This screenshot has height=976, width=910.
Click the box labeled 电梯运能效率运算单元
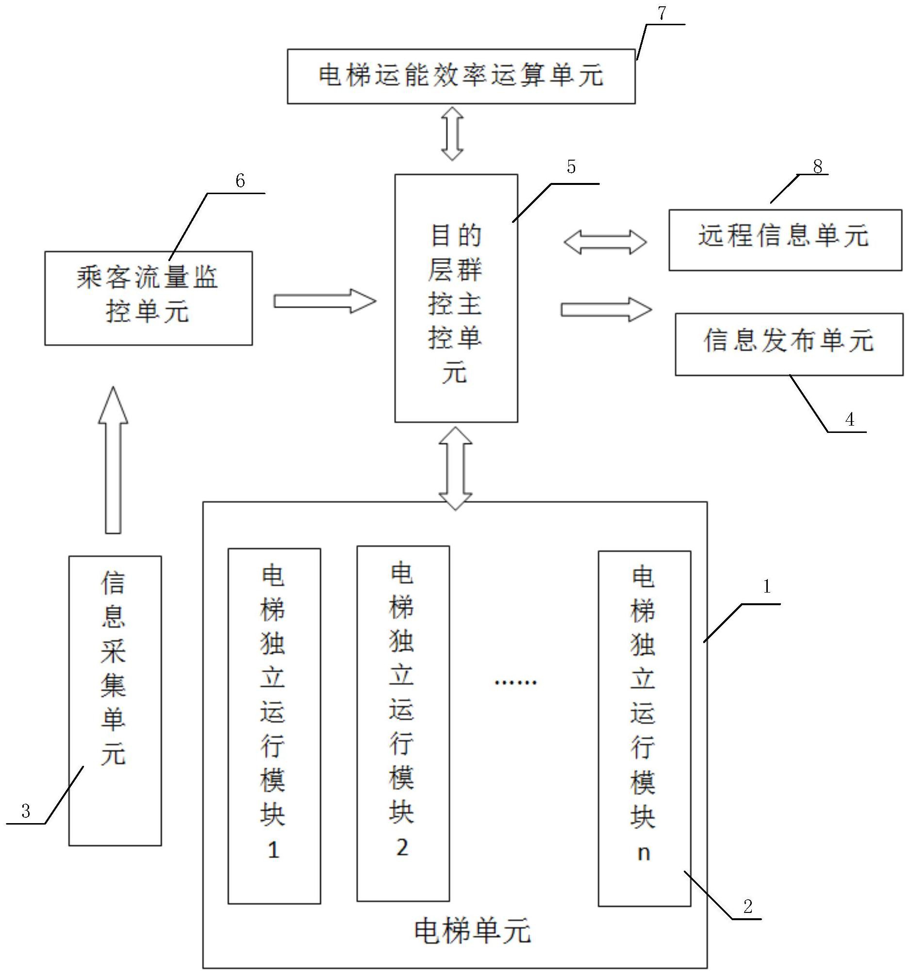(x=461, y=76)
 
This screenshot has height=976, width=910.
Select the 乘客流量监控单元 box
(x=148, y=298)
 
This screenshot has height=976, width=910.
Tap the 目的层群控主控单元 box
(x=456, y=298)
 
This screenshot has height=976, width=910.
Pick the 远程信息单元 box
(x=784, y=240)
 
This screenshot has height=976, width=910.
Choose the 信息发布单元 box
(x=788, y=344)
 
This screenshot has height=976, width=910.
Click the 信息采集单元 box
(x=115, y=701)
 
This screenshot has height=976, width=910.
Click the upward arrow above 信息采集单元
(x=113, y=460)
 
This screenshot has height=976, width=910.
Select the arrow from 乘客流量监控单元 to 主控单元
(x=324, y=301)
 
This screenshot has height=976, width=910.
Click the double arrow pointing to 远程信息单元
(x=605, y=243)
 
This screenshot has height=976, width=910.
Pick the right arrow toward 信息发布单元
(x=606, y=309)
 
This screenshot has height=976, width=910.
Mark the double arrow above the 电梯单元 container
(x=455, y=468)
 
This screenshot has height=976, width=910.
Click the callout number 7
(x=662, y=13)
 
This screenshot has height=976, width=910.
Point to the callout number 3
(x=26, y=811)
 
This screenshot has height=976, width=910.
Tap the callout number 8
(x=817, y=167)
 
